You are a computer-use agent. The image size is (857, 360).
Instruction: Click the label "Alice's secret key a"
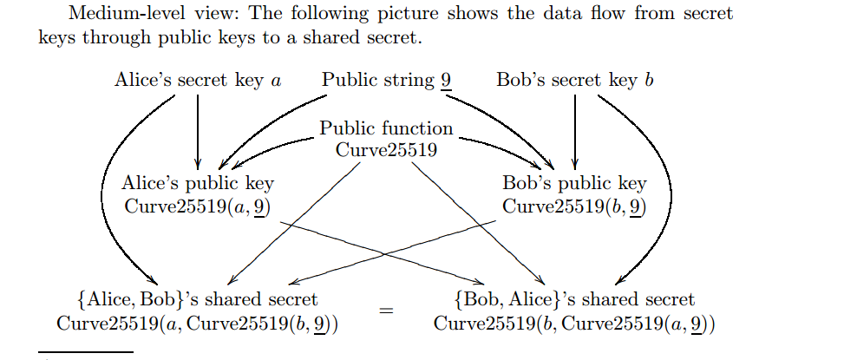198,81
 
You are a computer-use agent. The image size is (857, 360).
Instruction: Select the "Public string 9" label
386,81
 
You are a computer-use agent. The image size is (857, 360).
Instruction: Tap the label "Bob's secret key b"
575,81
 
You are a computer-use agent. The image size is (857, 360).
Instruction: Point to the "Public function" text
386,128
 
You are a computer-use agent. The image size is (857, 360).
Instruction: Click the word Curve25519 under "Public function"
386,148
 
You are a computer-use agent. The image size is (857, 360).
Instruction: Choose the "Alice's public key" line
199,183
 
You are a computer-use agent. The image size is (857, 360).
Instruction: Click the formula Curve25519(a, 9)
199,206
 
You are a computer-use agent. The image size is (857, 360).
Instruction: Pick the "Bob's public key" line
574,183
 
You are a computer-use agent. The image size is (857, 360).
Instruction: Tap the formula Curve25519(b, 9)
574,206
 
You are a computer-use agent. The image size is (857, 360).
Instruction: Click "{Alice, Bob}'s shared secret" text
197,300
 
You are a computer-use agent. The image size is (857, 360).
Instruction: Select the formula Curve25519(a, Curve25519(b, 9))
197,324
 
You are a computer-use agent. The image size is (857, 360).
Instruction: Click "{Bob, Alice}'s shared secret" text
574,300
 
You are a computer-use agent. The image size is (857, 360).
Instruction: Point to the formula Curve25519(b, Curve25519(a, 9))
574,324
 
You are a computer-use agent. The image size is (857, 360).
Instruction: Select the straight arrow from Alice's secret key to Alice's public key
198,130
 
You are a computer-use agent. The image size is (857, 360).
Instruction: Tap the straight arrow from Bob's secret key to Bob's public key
575,130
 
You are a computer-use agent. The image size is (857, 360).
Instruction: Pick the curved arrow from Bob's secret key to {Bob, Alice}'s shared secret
666,191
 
